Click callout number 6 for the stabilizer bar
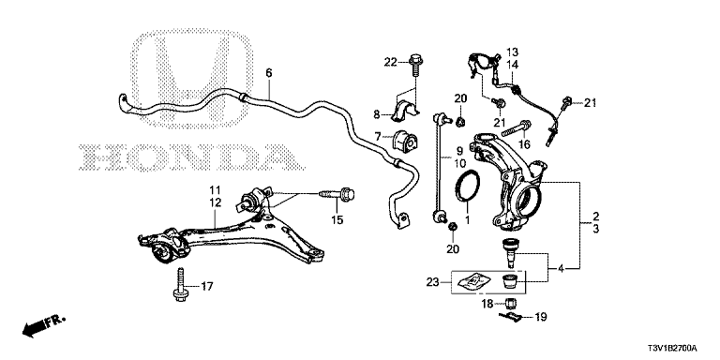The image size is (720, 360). [x=269, y=72]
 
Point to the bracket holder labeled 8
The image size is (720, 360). [x=405, y=112]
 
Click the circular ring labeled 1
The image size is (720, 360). [x=468, y=186]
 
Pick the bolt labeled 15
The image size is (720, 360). [x=337, y=197]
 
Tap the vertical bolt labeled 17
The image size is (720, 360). [x=180, y=285]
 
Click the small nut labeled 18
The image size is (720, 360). [x=512, y=303]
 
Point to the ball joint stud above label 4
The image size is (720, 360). [x=509, y=252]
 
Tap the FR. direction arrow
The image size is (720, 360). [x=45, y=325]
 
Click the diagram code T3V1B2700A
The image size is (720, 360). [x=673, y=348]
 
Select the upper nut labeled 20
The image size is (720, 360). [x=459, y=122]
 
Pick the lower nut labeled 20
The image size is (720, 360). [x=452, y=226]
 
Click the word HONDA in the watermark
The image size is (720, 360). [x=190, y=157]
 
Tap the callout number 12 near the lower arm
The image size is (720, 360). [x=216, y=202]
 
